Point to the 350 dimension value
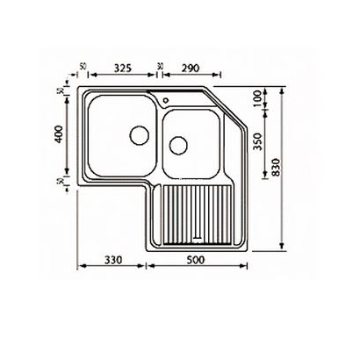point(258,145)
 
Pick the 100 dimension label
point(258,99)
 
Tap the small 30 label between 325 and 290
point(159,66)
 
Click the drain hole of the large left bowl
point(137,135)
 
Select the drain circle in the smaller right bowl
point(180,143)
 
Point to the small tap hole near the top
point(165,98)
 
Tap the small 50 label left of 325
point(83,66)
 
